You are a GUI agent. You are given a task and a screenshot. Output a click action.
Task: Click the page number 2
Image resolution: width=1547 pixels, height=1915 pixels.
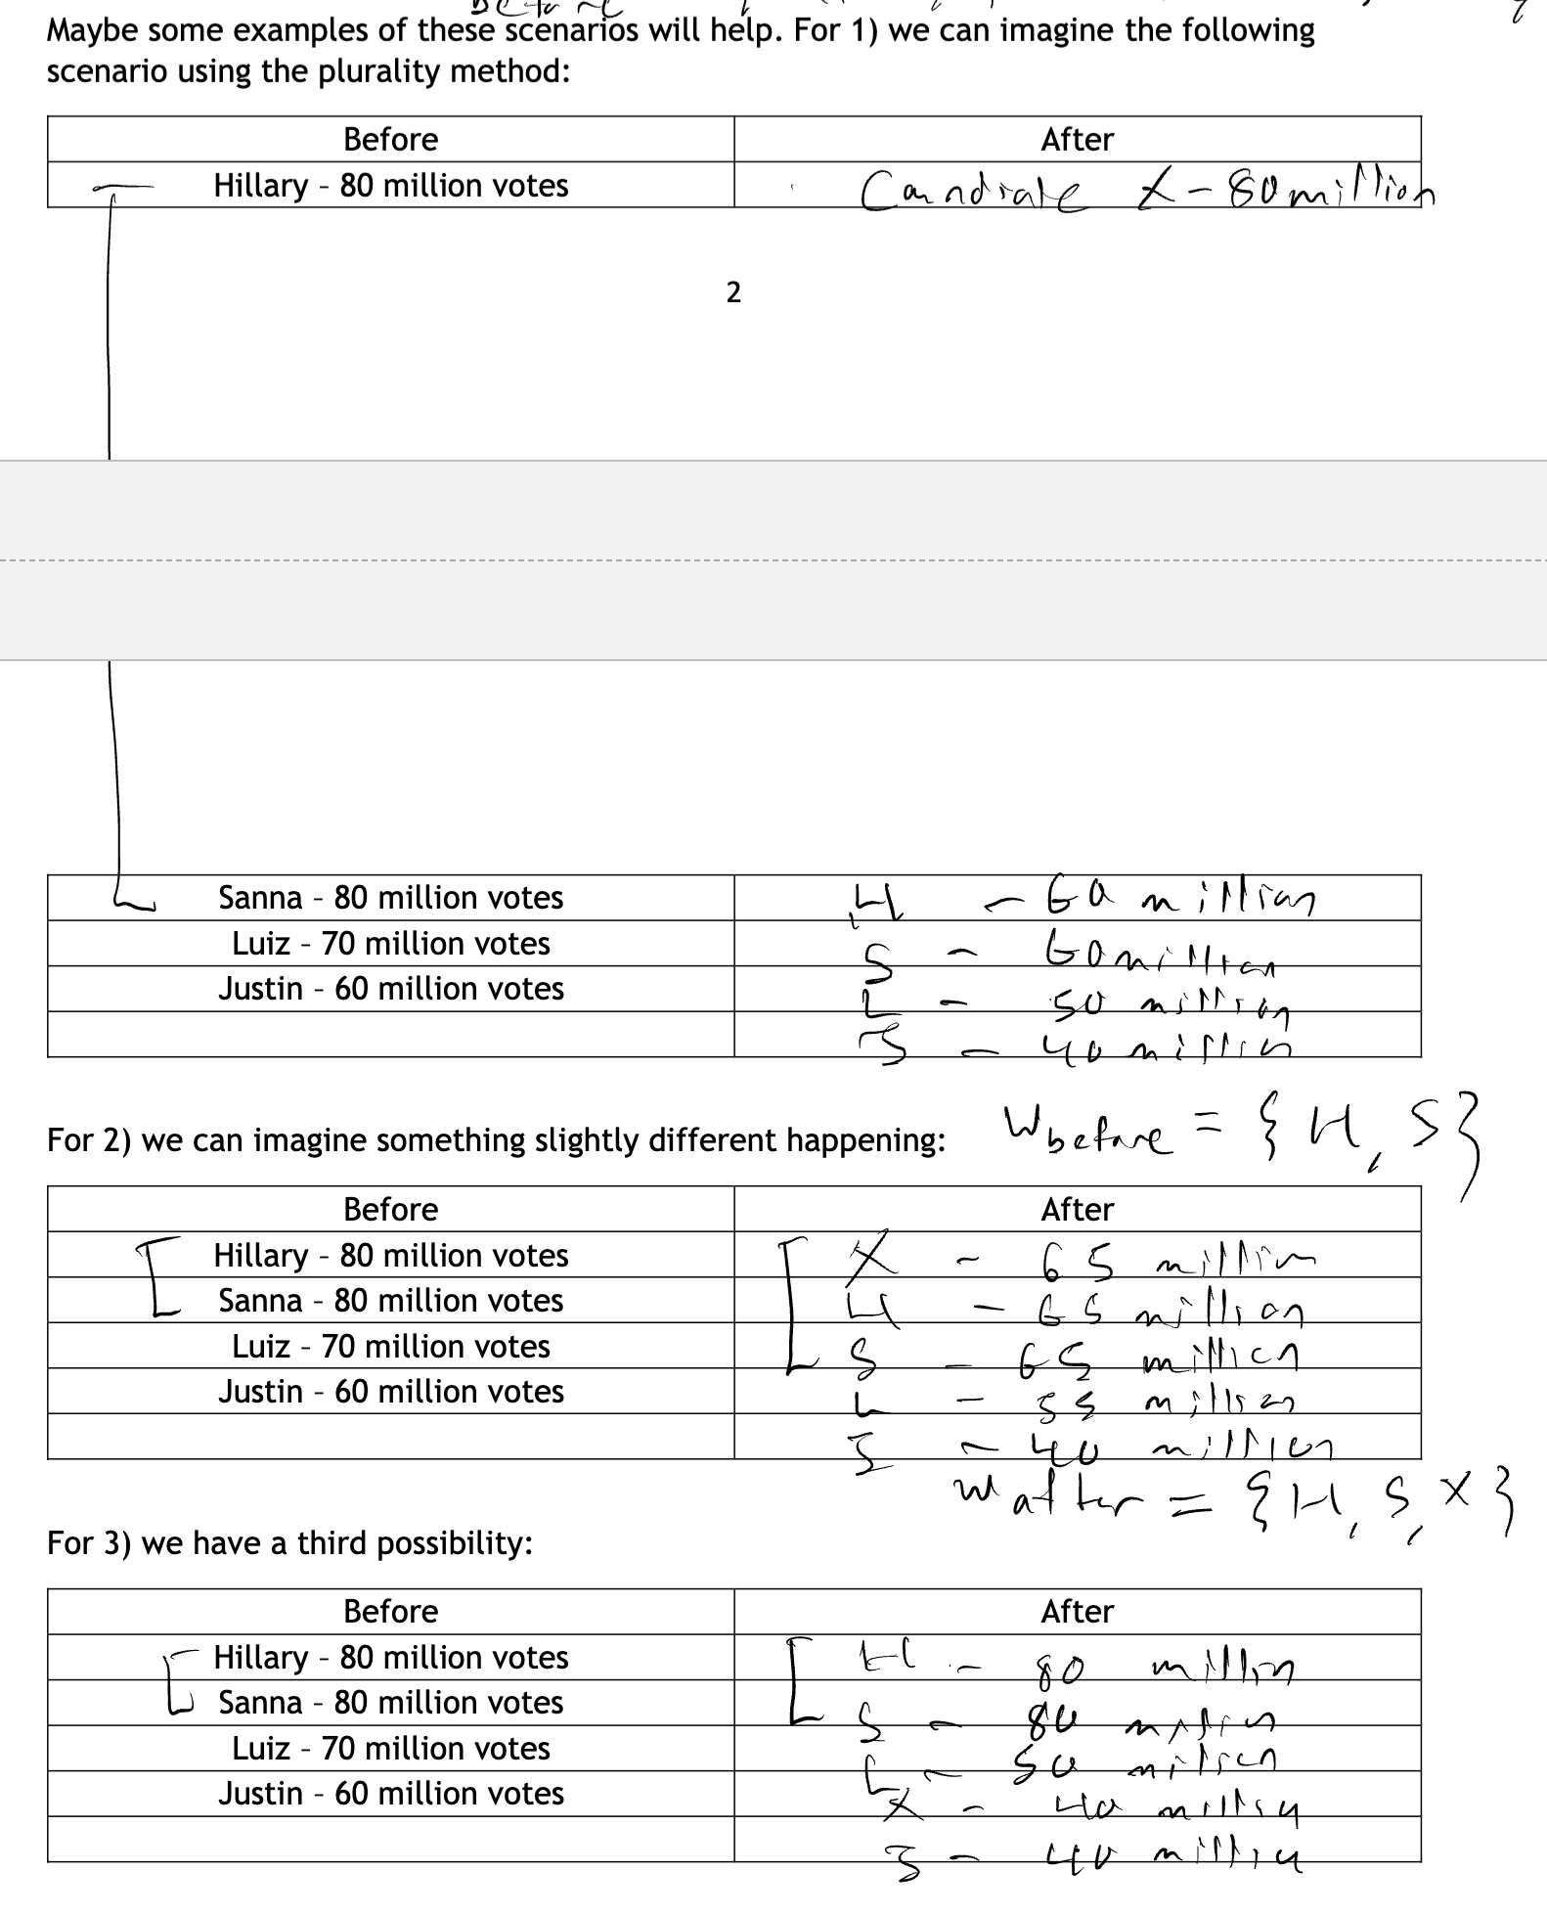click(x=733, y=291)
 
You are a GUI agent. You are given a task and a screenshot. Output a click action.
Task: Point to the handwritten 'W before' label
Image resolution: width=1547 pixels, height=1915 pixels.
click(x=1085, y=1136)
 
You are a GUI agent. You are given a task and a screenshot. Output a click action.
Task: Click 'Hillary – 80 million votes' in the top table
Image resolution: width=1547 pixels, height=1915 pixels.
click(x=391, y=185)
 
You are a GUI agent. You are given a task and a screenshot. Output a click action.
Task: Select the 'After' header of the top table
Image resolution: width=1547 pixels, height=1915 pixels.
click(x=1077, y=139)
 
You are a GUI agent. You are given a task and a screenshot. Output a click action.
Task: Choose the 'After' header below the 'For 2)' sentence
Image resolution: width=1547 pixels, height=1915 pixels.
click(x=1077, y=1209)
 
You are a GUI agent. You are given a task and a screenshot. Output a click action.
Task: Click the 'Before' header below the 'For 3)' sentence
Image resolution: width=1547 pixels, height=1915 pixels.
click(x=390, y=1611)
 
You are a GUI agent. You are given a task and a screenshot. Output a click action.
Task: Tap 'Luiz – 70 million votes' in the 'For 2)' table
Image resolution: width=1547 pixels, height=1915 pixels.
click(x=391, y=1346)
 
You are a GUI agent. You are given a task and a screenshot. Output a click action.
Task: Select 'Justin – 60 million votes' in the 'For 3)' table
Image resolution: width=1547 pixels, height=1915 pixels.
click(x=391, y=1793)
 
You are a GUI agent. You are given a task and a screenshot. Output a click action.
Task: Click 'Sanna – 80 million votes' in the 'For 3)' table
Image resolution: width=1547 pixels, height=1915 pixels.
click(x=391, y=1702)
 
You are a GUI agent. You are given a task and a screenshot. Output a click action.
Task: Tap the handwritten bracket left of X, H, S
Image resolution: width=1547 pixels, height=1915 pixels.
click(x=792, y=1306)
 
